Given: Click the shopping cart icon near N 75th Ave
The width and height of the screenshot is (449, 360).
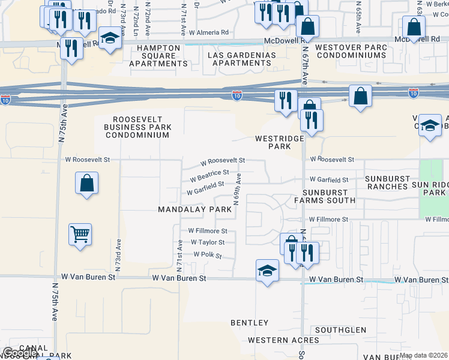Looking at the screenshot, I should click(80, 234).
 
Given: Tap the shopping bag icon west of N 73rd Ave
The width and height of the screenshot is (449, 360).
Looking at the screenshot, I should click(86, 183).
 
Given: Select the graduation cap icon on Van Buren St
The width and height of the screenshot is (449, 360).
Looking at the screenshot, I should click(267, 271).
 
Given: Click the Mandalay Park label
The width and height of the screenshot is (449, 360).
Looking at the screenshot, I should click(194, 209).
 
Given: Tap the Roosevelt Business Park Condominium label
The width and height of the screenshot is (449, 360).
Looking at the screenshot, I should click(137, 127).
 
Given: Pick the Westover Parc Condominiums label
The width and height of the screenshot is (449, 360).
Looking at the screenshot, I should click(351, 51).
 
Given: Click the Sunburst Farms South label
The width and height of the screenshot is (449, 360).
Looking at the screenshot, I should click(324, 196).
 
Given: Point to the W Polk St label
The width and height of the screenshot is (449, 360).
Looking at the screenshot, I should click(208, 255).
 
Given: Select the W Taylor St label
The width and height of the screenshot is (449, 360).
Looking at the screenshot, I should click(207, 242).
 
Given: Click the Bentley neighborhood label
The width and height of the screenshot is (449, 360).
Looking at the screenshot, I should click(250, 323).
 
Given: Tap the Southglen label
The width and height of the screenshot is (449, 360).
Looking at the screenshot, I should click(340, 330).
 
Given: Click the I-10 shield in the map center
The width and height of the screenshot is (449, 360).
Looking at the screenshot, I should click(237, 95).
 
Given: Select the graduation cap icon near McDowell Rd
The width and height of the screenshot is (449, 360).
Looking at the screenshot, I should click(110, 40).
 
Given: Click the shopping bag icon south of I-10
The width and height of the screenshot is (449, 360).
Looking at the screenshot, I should click(360, 97).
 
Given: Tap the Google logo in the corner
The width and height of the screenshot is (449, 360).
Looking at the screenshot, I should click(20, 353).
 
